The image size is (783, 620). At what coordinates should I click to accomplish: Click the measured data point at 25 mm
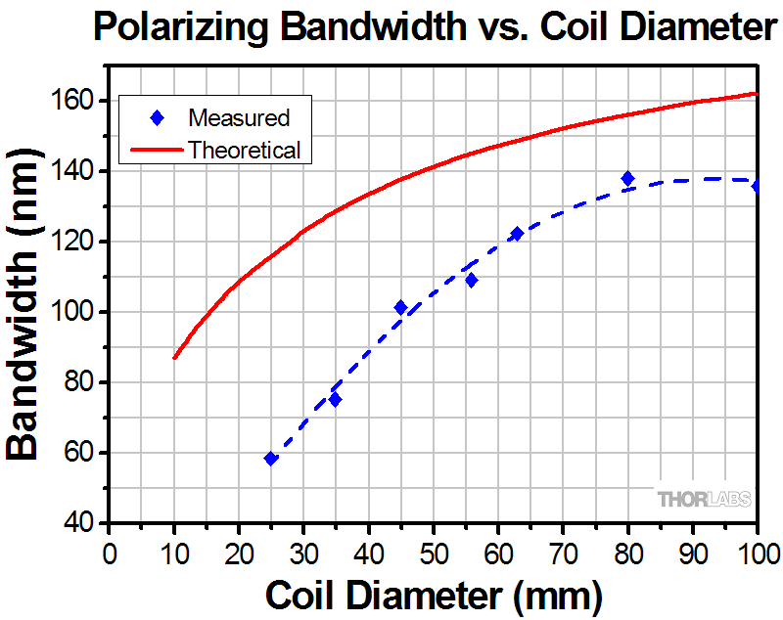[x=271, y=459]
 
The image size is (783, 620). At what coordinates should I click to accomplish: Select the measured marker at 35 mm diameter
[x=336, y=400]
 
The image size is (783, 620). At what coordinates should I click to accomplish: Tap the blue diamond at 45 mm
[x=400, y=308]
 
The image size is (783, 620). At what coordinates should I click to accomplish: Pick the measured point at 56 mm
[x=472, y=281]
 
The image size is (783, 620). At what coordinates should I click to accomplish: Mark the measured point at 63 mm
[x=517, y=235]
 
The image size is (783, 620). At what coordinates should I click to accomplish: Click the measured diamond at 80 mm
[x=627, y=179]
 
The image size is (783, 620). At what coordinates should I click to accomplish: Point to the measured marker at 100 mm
[x=757, y=186]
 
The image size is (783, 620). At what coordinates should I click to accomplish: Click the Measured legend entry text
[x=240, y=118]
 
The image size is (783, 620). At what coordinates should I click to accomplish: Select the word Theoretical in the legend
[x=245, y=150]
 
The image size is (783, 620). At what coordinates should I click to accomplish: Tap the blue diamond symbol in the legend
[x=157, y=118]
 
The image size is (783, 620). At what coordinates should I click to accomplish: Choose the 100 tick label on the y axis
[x=73, y=312]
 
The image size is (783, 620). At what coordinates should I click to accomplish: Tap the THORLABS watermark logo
[x=705, y=500]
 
